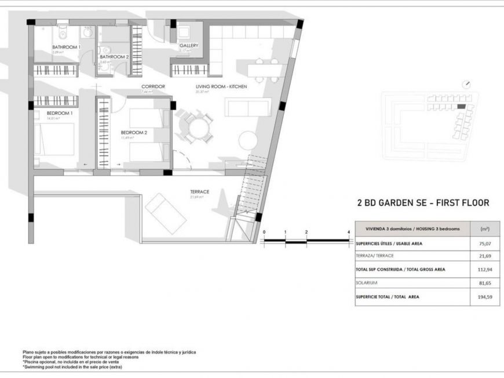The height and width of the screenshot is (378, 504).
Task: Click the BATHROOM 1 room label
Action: [66, 47]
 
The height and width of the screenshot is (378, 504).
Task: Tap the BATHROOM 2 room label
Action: [114, 57]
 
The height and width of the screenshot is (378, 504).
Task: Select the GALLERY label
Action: [189, 45]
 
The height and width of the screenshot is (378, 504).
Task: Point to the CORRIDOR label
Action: [154, 86]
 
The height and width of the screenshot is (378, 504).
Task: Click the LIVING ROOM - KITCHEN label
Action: [221, 86]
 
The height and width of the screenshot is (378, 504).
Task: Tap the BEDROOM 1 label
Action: [59, 113]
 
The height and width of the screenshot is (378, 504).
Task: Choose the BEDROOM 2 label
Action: [134, 132]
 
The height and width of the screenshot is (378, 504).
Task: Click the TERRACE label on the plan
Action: [199, 191]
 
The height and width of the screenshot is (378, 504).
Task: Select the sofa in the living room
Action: [248, 107]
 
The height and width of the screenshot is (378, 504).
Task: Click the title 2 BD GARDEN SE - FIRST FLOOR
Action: [423, 203]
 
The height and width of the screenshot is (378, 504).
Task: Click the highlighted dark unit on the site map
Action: [461, 107]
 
